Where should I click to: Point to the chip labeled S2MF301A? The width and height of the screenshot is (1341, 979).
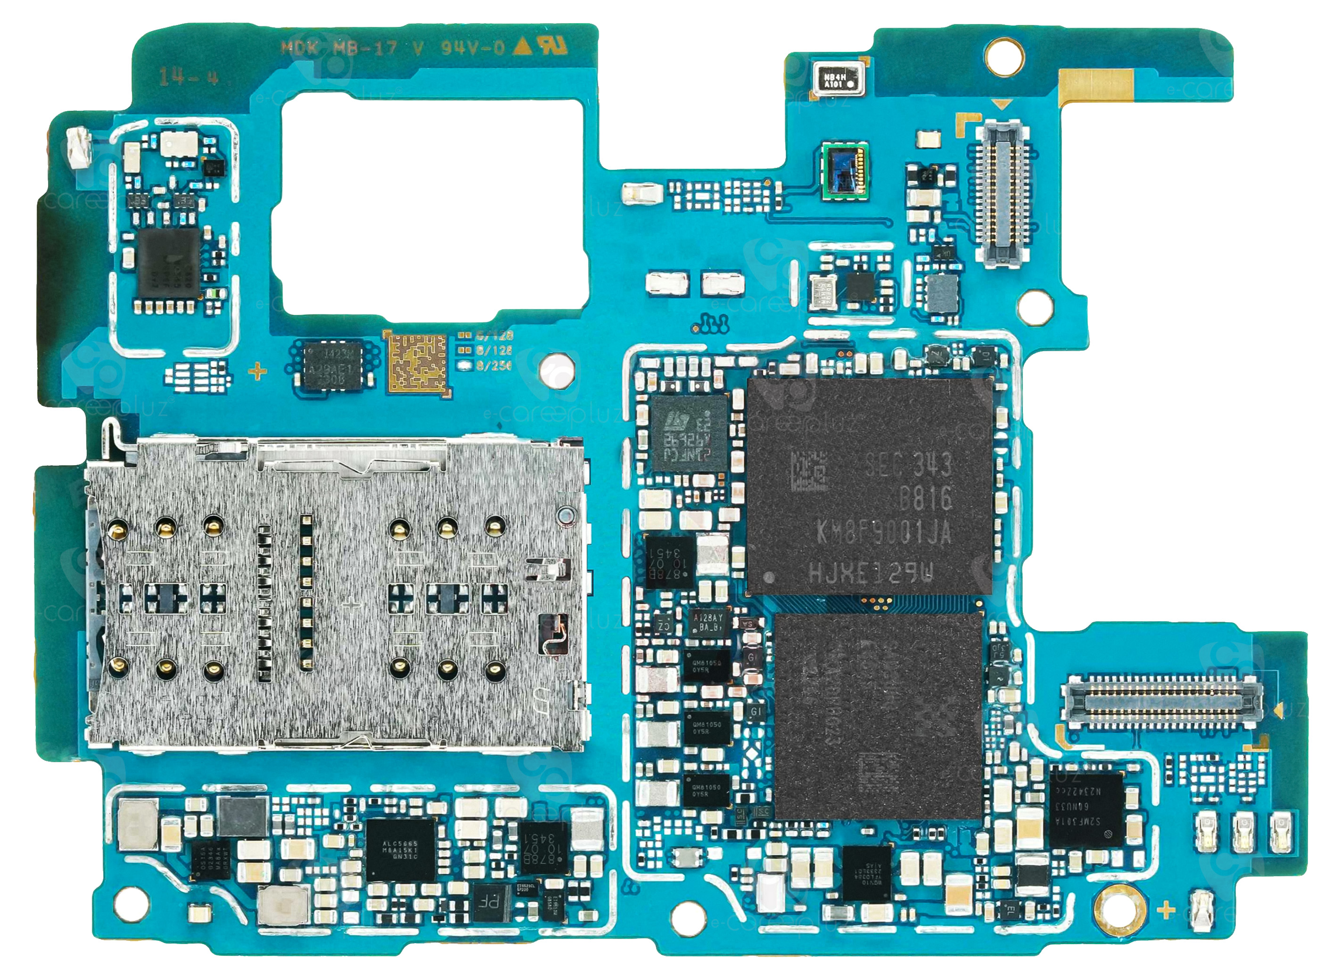pyautogui.click(x=1086, y=809)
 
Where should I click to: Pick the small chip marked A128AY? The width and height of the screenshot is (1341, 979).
pyautogui.click(x=708, y=622)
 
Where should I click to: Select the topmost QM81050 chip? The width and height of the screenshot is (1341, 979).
pyautogui.click(x=707, y=666)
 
